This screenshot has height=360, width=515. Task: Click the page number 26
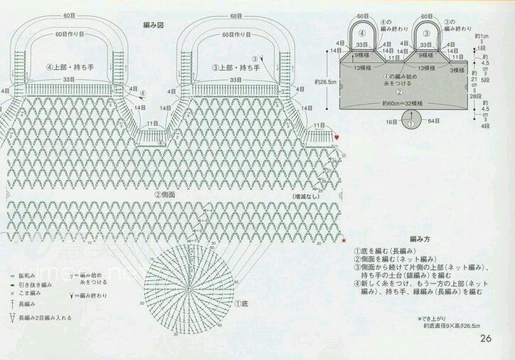(487, 338)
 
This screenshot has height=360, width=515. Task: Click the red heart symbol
(338, 135)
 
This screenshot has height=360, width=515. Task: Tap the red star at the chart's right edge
(344, 241)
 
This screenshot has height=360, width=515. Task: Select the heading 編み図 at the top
(154, 25)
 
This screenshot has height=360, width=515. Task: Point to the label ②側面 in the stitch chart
(166, 194)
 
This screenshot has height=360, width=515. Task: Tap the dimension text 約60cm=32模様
(402, 104)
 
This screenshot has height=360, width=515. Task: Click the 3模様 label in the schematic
(457, 70)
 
